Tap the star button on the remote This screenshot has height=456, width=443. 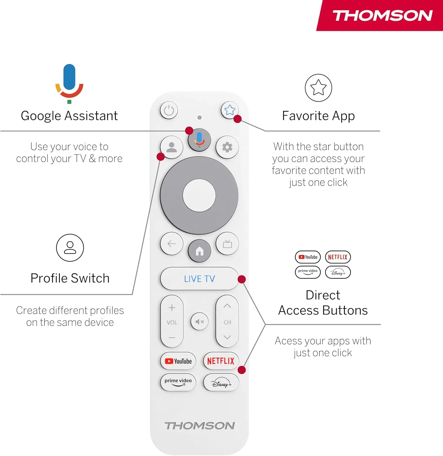tap(230, 110)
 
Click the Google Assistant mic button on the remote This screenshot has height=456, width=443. tap(199, 140)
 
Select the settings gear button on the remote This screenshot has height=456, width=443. tap(227, 147)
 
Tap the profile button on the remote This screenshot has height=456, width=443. tap(171, 147)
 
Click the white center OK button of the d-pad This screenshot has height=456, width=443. tap(199, 195)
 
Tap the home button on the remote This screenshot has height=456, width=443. tap(199, 251)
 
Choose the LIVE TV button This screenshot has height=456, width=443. tap(199, 279)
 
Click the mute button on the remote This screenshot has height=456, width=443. tap(199, 322)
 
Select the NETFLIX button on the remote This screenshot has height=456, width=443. tap(221, 361)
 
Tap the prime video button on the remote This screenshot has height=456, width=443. tap(178, 382)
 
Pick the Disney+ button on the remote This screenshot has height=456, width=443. tap(221, 382)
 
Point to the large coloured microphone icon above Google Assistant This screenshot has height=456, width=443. tap(69, 83)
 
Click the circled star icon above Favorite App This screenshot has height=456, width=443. tap(318, 88)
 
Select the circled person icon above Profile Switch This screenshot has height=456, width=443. tap(70, 248)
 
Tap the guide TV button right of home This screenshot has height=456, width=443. tap(227, 244)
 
